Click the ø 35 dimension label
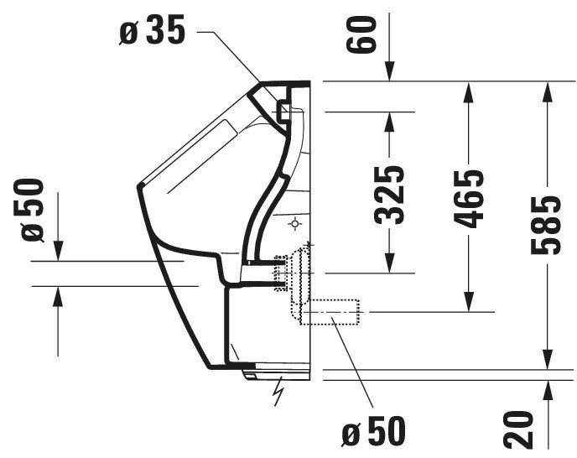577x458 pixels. [x=152, y=30]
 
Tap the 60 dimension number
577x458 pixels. [x=361, y=34]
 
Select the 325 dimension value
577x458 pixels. [x=389, y=195]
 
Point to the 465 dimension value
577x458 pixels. [x=469, y=199]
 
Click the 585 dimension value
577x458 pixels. [x=547, y=226]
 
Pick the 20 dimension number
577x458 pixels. [x=518, y=429]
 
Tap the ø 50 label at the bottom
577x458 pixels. [x=374, y=431]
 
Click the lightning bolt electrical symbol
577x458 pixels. [x=278, y=391]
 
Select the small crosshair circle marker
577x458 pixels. [x=295, y=223]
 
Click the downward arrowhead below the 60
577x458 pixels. [x=390, y=71]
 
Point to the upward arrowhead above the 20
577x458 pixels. [x=548, y=390]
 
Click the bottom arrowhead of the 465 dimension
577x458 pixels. [x=469, y=302]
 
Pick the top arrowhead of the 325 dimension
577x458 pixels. [x=389, y=121]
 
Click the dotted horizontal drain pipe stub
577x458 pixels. [x=330, y=312]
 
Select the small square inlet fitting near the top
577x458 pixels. [x=284, y=111]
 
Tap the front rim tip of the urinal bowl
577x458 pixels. [x=139, y=186]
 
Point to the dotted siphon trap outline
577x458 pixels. [x=300, y=274]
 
